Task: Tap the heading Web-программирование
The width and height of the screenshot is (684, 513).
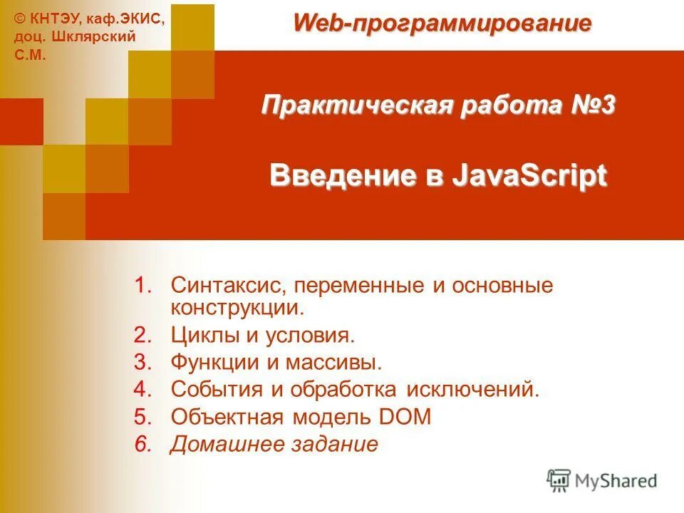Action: (x=442, y=23)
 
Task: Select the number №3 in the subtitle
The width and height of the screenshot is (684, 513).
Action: (x=593, y=105)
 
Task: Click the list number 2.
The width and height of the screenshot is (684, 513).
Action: (x=143, y=335)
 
